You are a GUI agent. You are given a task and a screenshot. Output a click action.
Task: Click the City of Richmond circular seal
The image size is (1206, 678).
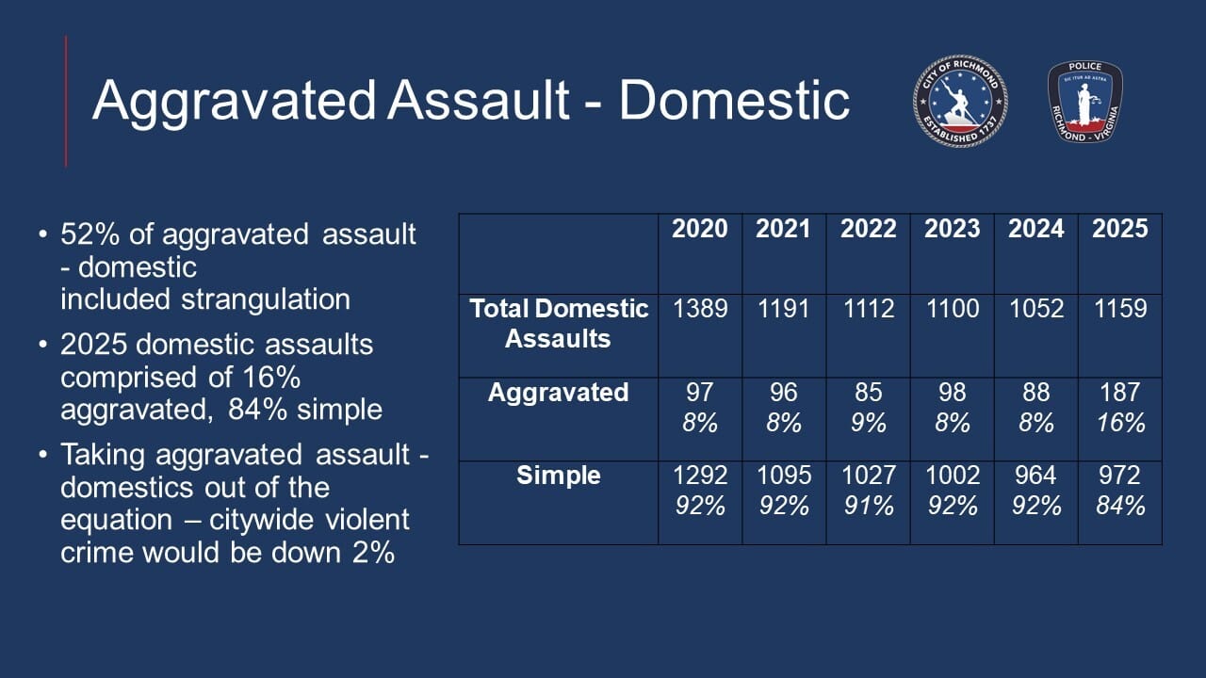pyautogui.click(x=960, y=101)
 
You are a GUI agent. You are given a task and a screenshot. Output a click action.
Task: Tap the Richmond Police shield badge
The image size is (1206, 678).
pyautogui.click(x=1084, y=102)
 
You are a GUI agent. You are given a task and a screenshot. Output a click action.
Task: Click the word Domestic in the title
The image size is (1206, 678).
pyautogui.click(x=734, y=101)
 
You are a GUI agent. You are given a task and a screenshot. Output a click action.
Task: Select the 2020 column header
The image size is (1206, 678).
pyautogui.click(x=699, y=229)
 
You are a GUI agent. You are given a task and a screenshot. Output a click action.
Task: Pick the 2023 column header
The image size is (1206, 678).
pyautogui.click(x=952, y=229)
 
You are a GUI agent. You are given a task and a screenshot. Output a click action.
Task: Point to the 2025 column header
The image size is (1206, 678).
pyautogui.click(x=1120, y=229)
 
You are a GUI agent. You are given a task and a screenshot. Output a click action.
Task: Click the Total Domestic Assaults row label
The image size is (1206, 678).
pyautogui.click(x=559, y=323)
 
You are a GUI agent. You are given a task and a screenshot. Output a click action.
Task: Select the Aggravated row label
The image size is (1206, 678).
pyautogui.click(x=559, y=393)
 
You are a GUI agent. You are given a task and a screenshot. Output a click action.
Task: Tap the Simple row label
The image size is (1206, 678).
pyautogui.click(x=559, y=476)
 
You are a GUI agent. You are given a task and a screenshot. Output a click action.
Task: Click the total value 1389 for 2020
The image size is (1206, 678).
pyautogui.click(x=700, y=309)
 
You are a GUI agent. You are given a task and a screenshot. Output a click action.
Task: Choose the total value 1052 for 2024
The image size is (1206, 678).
pyautogui.click(x=1035, y=309)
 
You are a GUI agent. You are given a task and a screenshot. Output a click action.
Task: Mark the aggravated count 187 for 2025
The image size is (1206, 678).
pyautogui.click(x=1120, y=393)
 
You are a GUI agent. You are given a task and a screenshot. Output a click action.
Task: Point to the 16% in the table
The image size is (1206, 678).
pyautogui.click(x=1121, y=423)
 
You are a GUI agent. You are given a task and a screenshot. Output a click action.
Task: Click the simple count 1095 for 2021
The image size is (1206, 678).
pyautogui.click(x=784, y=476)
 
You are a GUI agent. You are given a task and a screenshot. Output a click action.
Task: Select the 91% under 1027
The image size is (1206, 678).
pyautogui.click(x=869, y=507)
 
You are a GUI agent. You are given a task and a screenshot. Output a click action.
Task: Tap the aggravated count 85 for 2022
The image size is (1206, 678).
pyautogui.click(x=868, y=393)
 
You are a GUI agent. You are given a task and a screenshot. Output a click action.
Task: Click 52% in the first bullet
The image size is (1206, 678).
pyautogui.click(x=90, y=234)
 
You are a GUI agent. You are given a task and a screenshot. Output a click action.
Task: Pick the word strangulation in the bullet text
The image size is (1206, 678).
pyautogui.click(x=266, y=299)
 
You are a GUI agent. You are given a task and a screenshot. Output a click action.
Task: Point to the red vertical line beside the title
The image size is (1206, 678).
pyautogui.click(x=66, y=102)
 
